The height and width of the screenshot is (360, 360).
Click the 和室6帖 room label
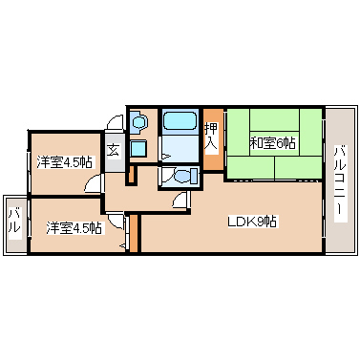(x=272, y=143)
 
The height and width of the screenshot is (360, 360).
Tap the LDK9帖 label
(x=252, y=222)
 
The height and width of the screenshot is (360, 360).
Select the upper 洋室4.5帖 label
(x=64, y=162)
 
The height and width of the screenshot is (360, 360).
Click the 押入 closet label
(x=211, y=137)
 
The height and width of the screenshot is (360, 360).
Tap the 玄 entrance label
(x=113, y=149)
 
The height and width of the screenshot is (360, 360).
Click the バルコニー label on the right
(x=339, y=181)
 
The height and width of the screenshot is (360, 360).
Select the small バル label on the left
(x=14, y=225)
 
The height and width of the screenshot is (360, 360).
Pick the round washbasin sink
(x=138, y=122)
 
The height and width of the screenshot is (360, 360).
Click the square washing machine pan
(x=138, y=149)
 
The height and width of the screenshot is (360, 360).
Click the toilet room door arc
(x=180, y=199)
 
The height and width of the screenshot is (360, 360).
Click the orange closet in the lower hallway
(x=135, y=234)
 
